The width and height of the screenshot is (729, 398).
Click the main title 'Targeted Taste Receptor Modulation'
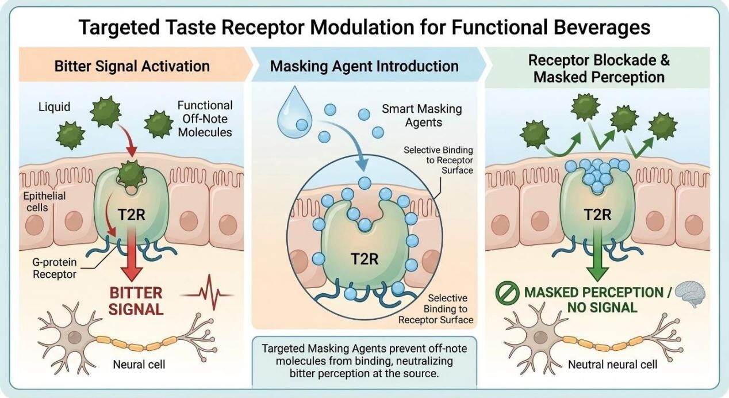click(x=364, y=27)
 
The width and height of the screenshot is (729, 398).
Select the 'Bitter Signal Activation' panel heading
click(x=132, y=66)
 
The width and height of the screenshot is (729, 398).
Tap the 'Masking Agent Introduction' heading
click(x=364, y=66)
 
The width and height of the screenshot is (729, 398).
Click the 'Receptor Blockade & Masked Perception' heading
click(x=598, y=68)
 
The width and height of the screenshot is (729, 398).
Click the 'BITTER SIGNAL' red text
click(x=137, y=301)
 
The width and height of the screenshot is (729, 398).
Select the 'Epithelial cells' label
click(x=44, y=201)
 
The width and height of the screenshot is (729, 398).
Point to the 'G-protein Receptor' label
click(x=54, y=269)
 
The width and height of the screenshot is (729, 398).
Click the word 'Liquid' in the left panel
click(x=55, y=106)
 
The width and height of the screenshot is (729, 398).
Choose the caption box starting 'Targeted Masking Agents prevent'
click(x=364, y=361)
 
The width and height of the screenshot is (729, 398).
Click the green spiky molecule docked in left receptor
click(x=132, y=173)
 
